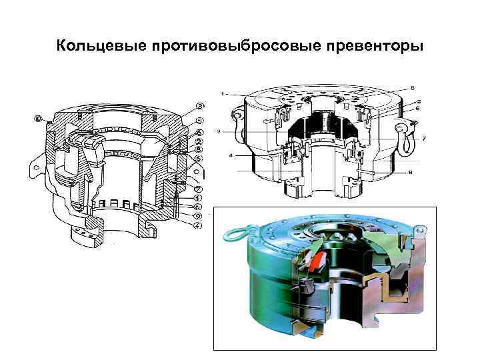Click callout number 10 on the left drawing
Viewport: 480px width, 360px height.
click(x=37, y=119)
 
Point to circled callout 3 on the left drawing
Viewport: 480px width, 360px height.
click(x=199, y=106)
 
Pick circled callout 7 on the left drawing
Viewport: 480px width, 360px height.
click(x=199, y=189)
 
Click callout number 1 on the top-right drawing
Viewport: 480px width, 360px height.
click(x=225, y=93)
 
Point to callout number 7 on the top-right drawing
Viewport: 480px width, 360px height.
click(x=423, y=138)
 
